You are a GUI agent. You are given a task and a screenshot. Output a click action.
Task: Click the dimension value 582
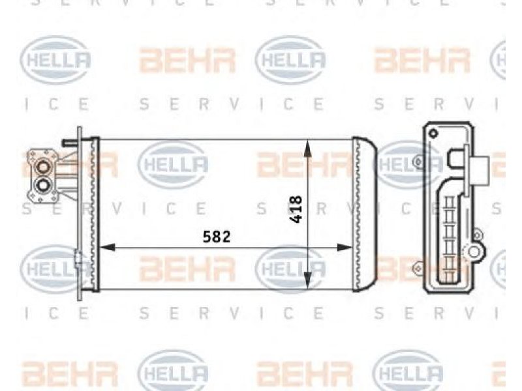point(217,237)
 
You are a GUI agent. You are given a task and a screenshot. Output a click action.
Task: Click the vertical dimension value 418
point(296,209)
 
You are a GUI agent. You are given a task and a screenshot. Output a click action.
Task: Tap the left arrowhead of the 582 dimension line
point(108,248)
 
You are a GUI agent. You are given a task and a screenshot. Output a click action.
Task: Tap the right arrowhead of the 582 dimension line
point(345,248)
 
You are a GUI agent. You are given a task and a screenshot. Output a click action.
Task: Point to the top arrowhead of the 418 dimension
point(307,148)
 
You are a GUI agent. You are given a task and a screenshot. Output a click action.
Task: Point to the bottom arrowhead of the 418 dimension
point(307,281)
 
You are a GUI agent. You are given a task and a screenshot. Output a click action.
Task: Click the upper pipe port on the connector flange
point(43,167)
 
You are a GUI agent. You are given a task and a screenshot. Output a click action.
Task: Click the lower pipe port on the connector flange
point(43,185)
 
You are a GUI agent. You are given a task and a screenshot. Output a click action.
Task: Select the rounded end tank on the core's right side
point(365,214)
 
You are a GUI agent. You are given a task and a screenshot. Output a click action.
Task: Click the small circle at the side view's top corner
point(433,134)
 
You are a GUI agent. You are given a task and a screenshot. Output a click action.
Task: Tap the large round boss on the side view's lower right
point(474,251)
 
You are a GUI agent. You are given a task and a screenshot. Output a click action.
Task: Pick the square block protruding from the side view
point(480,171)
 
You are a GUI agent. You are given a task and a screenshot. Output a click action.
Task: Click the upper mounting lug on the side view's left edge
point(418,162)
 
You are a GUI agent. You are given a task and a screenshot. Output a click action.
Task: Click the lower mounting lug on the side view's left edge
point(418,268)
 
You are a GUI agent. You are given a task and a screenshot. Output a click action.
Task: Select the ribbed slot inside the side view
point(450,239)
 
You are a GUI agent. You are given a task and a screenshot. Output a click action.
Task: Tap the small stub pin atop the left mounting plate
point(70,142)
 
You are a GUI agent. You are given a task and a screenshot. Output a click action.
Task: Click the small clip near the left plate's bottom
point(78,258)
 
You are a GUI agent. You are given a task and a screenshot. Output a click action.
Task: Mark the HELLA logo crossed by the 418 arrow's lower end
point(290,268)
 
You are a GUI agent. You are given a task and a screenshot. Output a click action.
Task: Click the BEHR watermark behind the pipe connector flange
point(69,164)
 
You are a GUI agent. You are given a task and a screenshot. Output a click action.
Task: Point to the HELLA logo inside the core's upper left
point(173,164)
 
